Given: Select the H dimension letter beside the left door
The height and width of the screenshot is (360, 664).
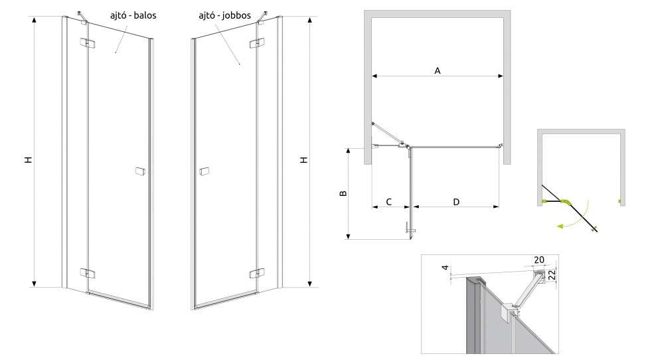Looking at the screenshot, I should pyautogui.click(x=28, y=160).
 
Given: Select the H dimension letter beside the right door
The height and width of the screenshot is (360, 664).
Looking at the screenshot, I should pyautogui.click(x=304, y=160).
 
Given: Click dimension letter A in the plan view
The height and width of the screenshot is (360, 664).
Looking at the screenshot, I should pyautogui.click(x=438, y=70).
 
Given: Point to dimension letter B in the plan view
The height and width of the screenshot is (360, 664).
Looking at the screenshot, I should pyautogui.click(x=343, y=194).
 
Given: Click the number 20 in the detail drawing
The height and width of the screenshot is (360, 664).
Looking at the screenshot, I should pyautogui.click(x=538, y=260).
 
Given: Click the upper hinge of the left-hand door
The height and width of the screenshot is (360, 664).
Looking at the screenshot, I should pyautogui.click(x=86, y=45).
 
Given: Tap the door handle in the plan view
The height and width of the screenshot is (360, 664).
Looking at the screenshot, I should pyautogui.click(x=409, y=229).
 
